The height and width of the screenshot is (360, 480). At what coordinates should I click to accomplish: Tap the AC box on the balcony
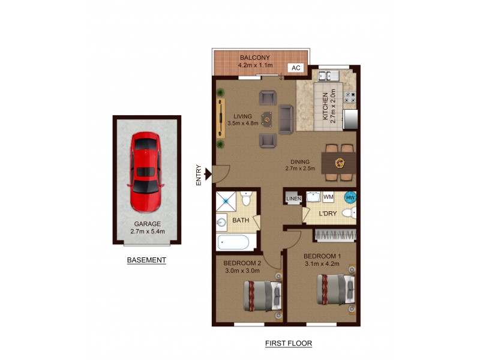[295, 68]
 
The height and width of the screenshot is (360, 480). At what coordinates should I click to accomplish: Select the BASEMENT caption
[146, 260]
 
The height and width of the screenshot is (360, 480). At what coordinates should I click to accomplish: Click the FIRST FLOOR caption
[289, 344]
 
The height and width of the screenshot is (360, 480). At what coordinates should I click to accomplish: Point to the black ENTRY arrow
[208, 174]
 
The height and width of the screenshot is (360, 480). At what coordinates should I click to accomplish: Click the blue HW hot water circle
[349, 197]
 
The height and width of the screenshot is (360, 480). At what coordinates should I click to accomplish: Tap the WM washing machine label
[328, 197]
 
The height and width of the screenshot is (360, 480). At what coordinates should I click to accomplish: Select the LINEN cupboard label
[293, 199]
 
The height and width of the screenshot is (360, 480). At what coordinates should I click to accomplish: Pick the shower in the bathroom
[226, 200]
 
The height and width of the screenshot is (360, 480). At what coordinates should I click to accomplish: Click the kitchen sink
[329, 76]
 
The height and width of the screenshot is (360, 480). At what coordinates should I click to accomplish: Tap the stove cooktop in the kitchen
[350, 95]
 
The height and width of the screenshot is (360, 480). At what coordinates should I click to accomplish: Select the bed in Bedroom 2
[262, 296]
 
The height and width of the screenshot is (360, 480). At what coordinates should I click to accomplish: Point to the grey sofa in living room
[286, 118]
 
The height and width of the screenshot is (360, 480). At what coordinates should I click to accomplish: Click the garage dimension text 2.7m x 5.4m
[147, 231]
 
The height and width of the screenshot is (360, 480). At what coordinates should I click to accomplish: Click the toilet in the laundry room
[349, 213]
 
